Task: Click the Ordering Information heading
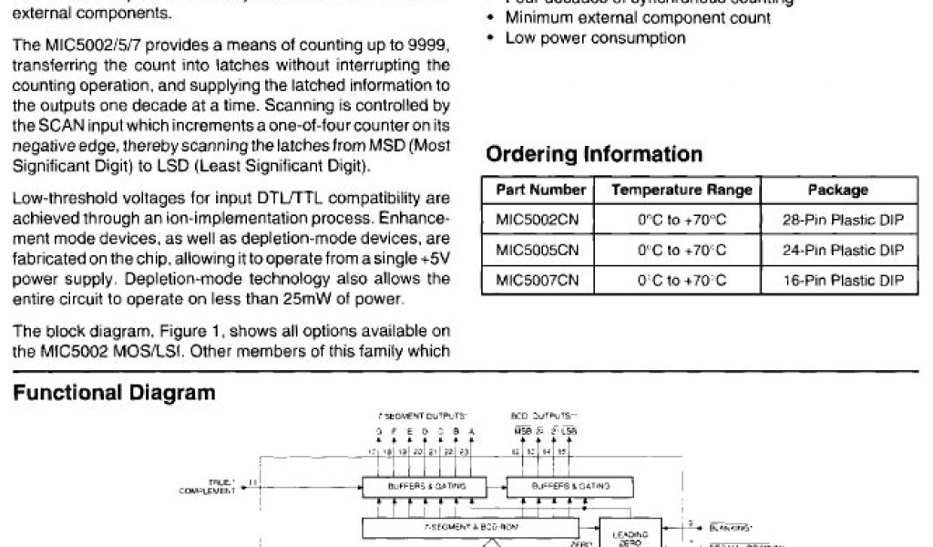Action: point(594,154)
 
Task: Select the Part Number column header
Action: point(540,191)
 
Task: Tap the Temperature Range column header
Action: point(682,191)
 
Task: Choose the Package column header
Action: point(837,191)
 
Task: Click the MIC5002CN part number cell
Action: point(538,220)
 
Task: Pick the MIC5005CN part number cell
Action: point(538,250)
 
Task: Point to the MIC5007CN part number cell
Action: point(538,280)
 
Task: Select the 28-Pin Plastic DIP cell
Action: point(843,220)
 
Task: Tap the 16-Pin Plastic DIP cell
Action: point(843,280)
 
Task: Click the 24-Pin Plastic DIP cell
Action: point(843,250)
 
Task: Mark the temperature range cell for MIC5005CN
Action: point(682,250)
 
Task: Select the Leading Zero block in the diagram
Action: point(631,534)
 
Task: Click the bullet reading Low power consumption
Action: point(595,38)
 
